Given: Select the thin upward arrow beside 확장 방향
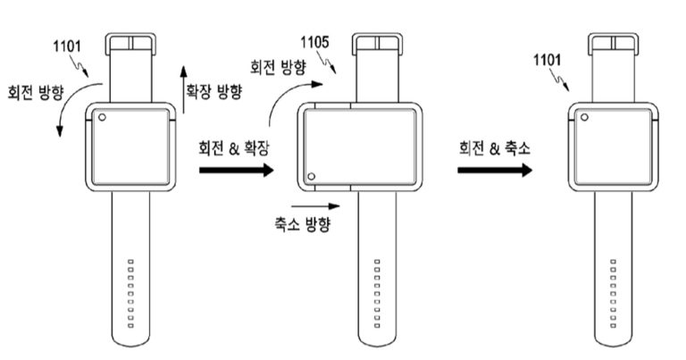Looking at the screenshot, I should (183, 89).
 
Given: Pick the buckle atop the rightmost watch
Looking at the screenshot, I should (614, 46).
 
